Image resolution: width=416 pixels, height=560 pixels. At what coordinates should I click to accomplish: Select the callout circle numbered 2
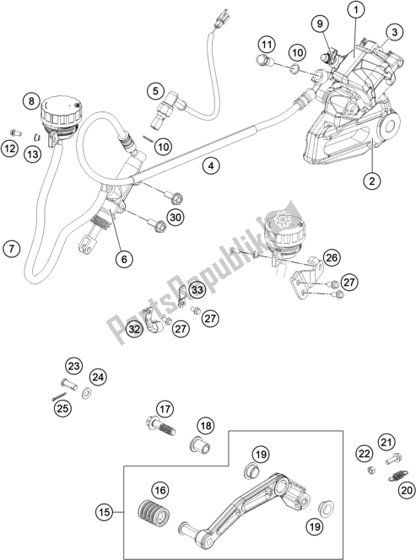pyautogui.click(x=369, y=179)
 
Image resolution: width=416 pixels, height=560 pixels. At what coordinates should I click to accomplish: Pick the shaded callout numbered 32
pyautogui.click(x=133, y=328)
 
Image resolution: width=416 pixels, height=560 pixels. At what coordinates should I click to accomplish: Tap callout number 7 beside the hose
pyautogui.click(x=11, y=249)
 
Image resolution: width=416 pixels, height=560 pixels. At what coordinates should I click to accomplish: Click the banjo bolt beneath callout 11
pyautogui.click(x=263, y=62)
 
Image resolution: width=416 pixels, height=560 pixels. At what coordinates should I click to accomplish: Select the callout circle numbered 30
pyautogui.click(x=175, y=218)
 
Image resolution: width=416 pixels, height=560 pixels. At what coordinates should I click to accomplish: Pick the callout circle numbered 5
pyautogui.click(x=154, y=90)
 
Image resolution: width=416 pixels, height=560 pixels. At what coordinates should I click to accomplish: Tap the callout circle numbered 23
pyautogui.click(x=73, y=365)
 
